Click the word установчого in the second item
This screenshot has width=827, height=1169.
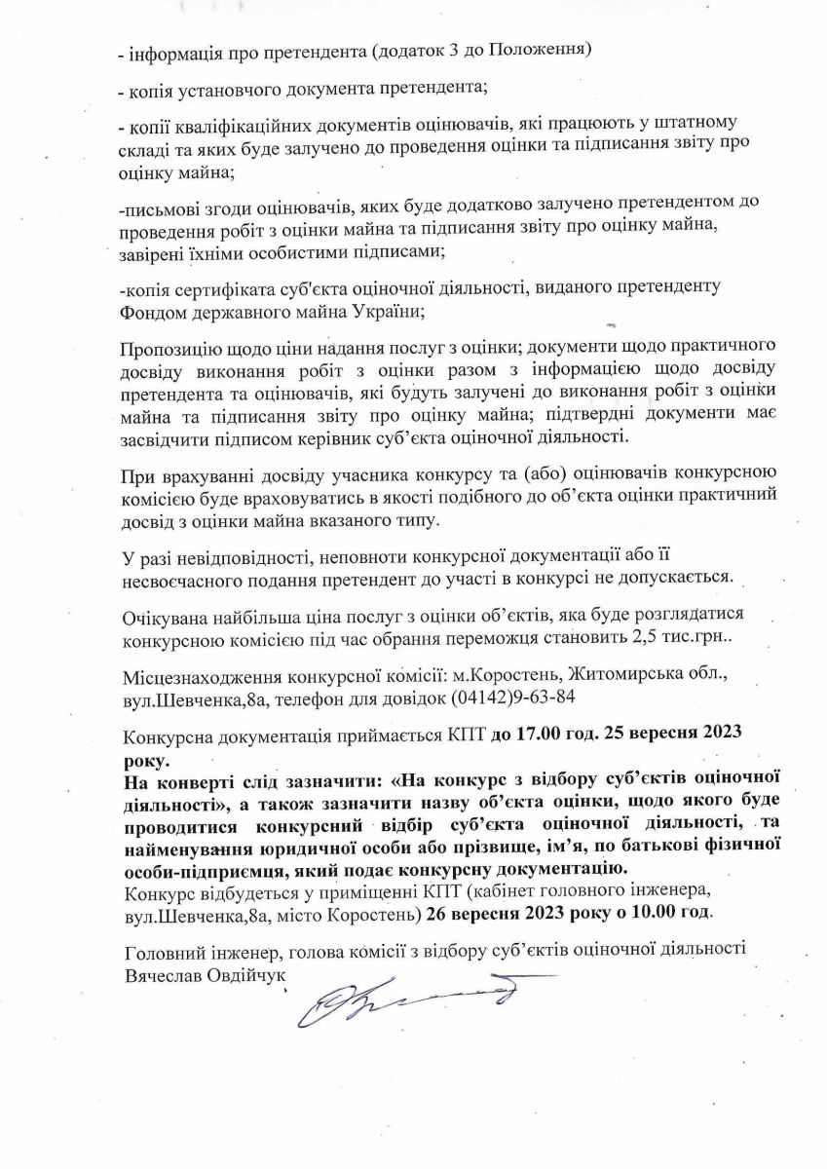point(224,89)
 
